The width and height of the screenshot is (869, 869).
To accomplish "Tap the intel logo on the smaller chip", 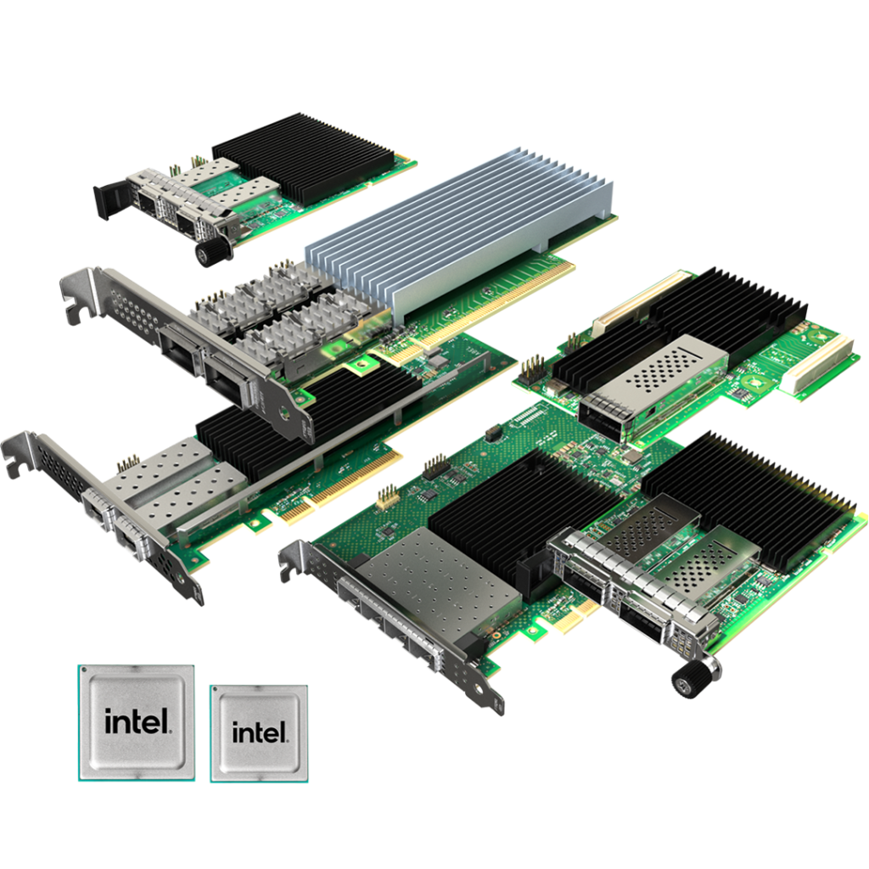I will pyautogui.click(x=259, y=732).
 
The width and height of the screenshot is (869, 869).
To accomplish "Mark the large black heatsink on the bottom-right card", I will pyautogui.click(x=747, y=492).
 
